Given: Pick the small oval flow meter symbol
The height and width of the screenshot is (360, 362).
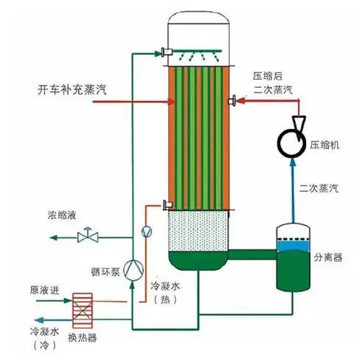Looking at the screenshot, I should pyautogui.click(x=146, y=232).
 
